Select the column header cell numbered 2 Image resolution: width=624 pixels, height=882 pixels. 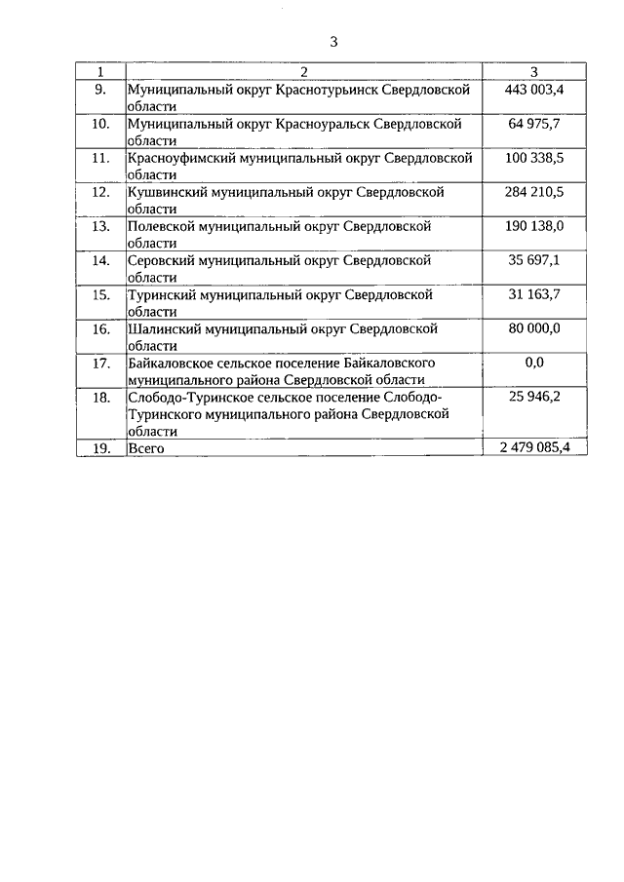click(304, 72)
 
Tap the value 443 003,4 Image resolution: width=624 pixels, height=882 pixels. click(535, 90)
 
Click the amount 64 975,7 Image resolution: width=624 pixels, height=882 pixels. click(535, 124)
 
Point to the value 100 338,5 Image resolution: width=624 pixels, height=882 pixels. click(535, 158)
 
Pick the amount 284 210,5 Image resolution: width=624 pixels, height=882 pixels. click(535, 192)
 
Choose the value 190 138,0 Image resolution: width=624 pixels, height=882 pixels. click(535, 226)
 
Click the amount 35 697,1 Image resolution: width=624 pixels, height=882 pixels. click(535, 260)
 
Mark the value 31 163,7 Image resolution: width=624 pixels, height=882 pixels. click(535, 294)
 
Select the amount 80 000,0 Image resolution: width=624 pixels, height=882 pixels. click(535, 328)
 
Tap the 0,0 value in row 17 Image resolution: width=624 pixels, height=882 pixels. click(534, 363)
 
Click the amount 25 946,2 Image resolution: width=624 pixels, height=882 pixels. click(535, 397)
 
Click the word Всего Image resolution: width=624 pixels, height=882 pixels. click(147, 448)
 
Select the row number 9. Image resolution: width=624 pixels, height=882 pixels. click(99, 90)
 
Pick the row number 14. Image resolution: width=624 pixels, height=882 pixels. click(99, 260)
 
